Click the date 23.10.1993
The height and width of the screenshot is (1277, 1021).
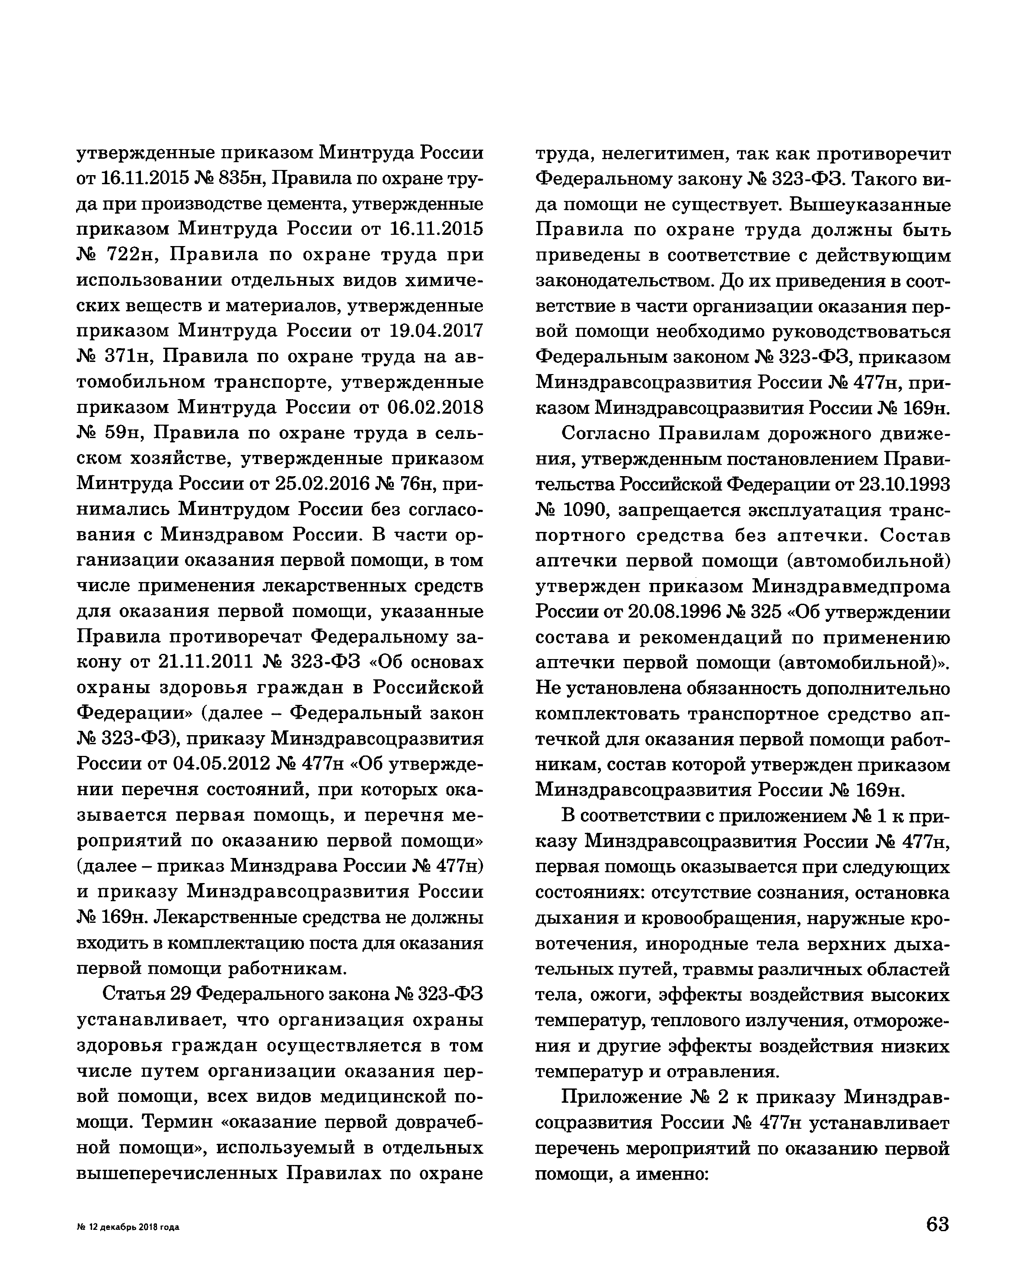pos(904,484)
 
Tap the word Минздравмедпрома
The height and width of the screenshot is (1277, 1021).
pos(851,586)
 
